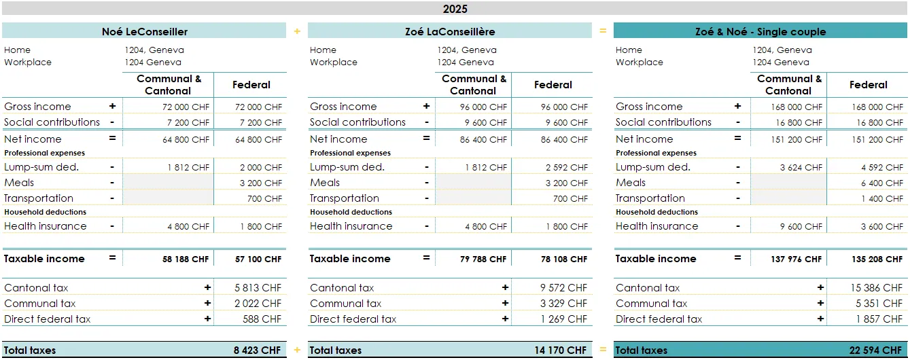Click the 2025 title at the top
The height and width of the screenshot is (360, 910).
click(x=455, y=9)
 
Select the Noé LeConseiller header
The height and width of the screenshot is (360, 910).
click(x=144, y=31)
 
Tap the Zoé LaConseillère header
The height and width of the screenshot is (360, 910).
click(x=449, y=31)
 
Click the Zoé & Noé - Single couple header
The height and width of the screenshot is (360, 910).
click(x=760, y=31)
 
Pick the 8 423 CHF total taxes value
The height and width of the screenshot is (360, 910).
click(x=257, y=350)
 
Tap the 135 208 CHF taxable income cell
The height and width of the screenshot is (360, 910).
click(x=877, y=259)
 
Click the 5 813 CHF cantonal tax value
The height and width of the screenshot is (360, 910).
click(x=258, y=288)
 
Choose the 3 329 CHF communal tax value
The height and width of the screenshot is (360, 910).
click(x=563, y=304)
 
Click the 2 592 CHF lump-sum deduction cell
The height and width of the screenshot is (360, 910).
click(x=566, y=167)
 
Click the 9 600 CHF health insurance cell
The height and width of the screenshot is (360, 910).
click(x=801, y=226)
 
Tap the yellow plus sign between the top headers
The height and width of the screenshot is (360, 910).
click(x=297, y=31)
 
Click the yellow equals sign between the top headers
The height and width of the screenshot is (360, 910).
click(x=603, y=31)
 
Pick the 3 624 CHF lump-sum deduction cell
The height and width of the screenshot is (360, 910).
click(x=801, y=167)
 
